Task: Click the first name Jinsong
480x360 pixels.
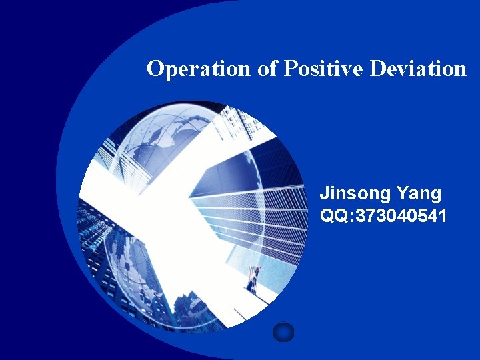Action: pyautogui.click(x=355, y=194)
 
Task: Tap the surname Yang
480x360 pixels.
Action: pyautogui.click(x=419, y=194)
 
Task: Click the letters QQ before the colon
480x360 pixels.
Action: pyautogui.click(x=331, y=215)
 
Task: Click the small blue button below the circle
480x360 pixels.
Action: pyautogui.click(x=283, y=331)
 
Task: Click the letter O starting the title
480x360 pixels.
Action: pyautogui.click(x=155, y=69)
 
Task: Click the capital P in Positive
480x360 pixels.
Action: pyautogui.click(x=291, y=69)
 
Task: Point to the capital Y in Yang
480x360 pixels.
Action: pyautogui.click(x=403, y=194)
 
